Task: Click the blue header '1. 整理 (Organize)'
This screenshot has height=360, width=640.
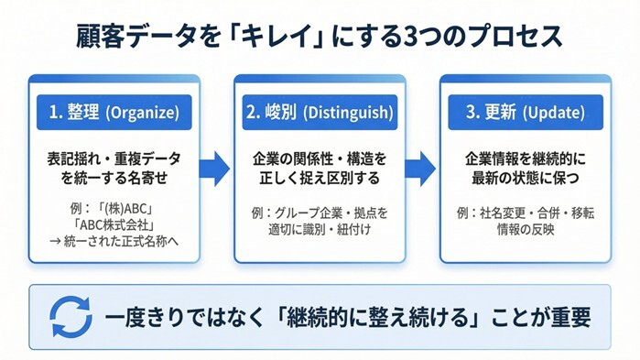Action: pyautogui.click(x=114, y=113)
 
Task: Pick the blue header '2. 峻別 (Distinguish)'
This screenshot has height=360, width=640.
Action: pyautogui.click(x=320, y=113)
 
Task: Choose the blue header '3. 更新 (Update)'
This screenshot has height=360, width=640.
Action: pyautogui.click(x=525, y=113)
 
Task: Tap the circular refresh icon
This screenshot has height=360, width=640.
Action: pyautogui.click(x=71, y=317)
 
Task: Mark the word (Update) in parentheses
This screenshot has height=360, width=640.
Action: pyautogui.click(x=553, y=114)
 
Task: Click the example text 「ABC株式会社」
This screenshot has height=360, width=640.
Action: pyautogui.click(x=114, y=227)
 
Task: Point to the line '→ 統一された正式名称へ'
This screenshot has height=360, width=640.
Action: pyautogui.click(x=114, y=243)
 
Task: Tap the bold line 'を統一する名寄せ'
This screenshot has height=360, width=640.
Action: pyautogui.click(x=114, y=178)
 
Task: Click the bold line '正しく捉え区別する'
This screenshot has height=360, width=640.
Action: pyautogui.click(x=320, y=178)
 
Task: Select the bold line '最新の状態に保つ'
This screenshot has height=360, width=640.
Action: pyautogui.click(x=525, y=178)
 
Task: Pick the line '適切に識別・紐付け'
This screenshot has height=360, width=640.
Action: pyautogui.click(x=320, y=229)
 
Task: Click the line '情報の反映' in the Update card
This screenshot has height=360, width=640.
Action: pyautogui.click(x=525, y=229)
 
